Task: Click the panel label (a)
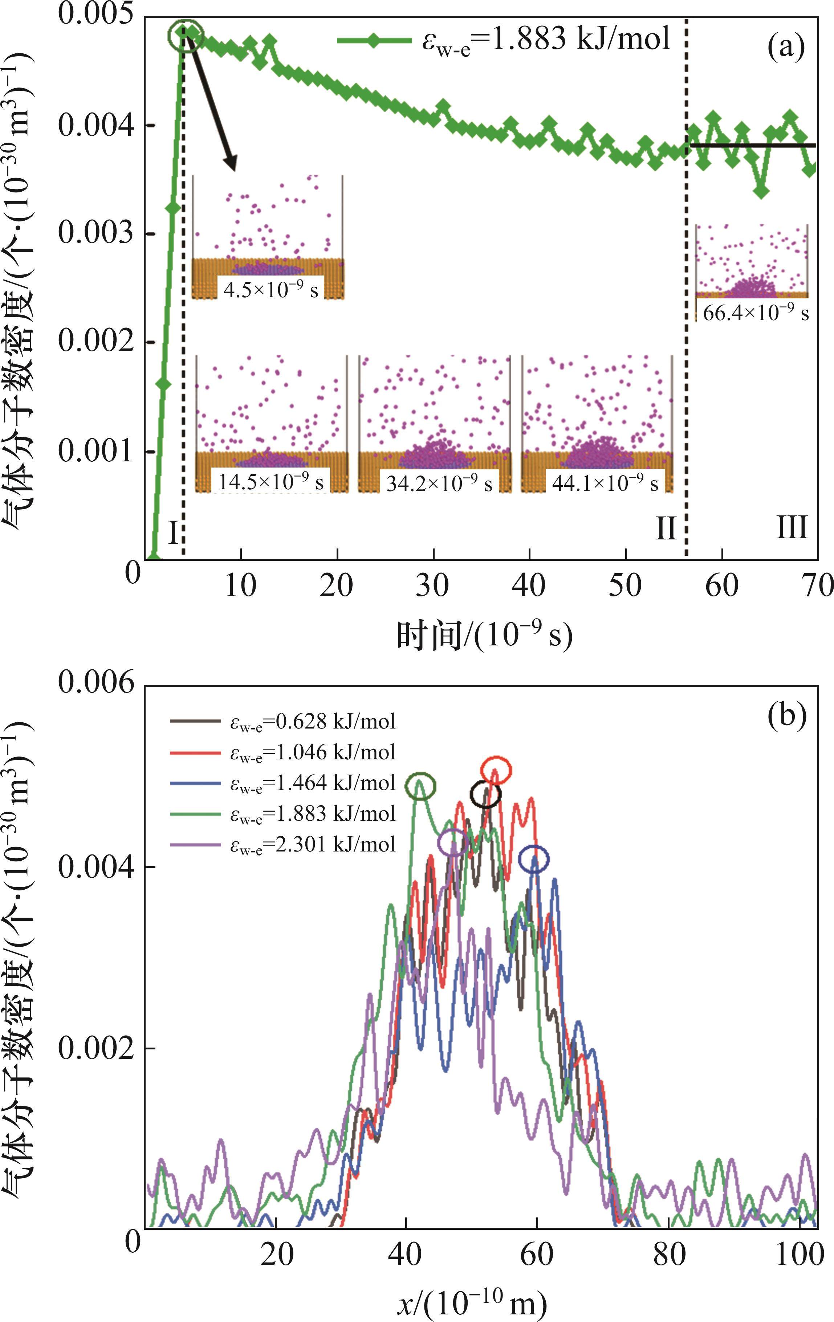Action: coord(786,48)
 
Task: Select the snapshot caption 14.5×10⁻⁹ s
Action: coord(271,481)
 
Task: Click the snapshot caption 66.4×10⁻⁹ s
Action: coord(756,313)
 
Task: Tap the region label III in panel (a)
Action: coord(791,529)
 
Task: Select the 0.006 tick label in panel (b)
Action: coord(95,684)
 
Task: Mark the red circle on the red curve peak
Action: coord(496,771)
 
